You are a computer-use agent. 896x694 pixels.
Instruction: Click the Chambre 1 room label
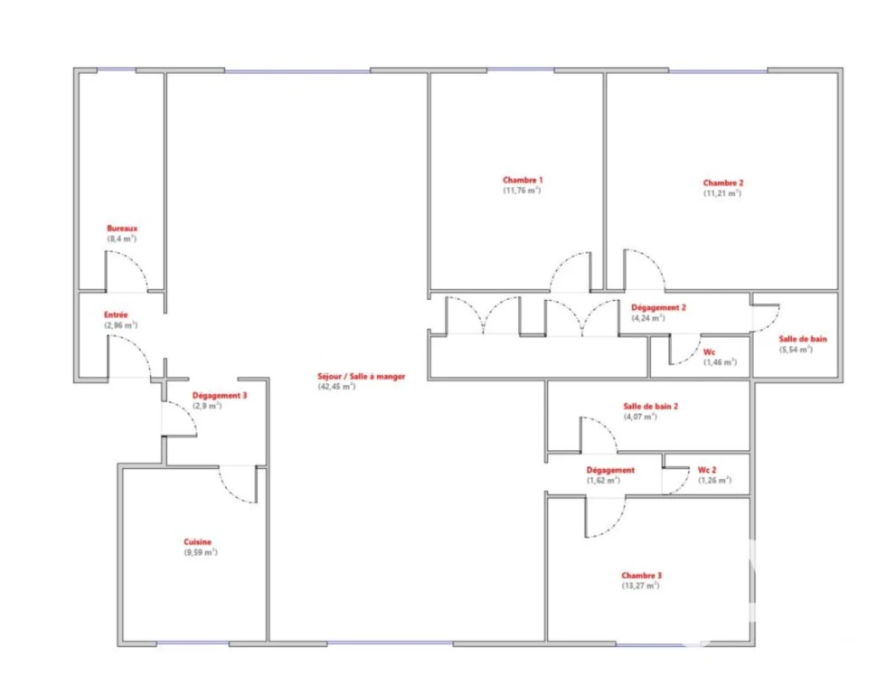coord(523,180)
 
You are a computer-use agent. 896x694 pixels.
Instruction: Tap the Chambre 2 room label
coord(722,183)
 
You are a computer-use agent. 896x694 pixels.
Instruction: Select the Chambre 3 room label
coord(641,576)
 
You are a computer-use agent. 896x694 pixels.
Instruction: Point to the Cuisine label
coord(197,542)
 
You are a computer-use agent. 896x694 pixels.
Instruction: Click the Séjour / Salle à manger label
coord(361,377)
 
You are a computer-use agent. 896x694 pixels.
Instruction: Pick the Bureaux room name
coord(122,229)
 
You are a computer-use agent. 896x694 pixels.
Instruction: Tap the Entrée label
coord(116,314)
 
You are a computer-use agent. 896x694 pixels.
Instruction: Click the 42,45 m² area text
coord(336,387)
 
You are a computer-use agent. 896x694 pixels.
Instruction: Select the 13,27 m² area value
coord(640,586)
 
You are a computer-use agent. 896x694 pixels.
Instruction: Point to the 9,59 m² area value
coord(201,552)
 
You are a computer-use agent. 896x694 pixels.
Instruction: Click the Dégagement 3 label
coord(220,395)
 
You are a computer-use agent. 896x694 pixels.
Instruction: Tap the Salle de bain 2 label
coord(650,406)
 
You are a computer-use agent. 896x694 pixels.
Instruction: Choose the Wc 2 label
coord(707,470)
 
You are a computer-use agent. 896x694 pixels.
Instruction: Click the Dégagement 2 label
coord(658,307)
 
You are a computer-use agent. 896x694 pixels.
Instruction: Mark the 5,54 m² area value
coord(796,350)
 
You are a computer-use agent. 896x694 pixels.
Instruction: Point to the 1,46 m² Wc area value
coord(720,362)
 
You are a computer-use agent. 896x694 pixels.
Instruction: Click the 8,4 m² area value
coord(122,239)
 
